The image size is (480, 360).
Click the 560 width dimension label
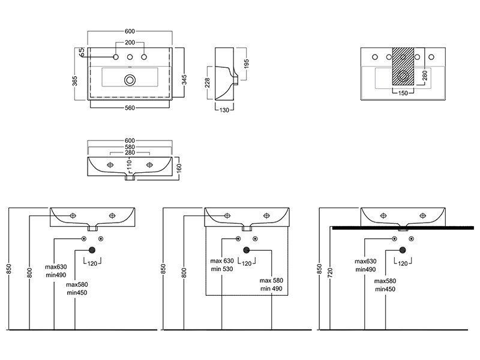click(130, 108)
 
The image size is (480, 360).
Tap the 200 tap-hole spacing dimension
click(130, 43)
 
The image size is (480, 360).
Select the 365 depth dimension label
click(75, 81)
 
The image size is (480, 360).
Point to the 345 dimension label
click(184, 80)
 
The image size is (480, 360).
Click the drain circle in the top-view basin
click(130, 80)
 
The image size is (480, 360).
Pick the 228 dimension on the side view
click(207, 83)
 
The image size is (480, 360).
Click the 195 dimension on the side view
click(247, 64)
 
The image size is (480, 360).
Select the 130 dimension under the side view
click(224, 110)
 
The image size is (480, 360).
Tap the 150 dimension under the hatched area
click(403, 93)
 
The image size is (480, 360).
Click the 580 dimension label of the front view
click(130, 147)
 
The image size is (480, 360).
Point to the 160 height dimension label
click(179, 168)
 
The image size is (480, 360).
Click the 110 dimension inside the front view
click(129, 164)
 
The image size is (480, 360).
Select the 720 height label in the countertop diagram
click(330, 272)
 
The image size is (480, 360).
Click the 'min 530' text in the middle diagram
click(222, 269)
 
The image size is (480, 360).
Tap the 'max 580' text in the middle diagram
click(271, 280)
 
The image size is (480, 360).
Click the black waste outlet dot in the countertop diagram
click(403, 250)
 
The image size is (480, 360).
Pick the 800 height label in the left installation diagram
click(29, 273)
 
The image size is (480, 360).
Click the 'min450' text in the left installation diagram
click(77, 293)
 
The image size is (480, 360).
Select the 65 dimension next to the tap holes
click(82, 52)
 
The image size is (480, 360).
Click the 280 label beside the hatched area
click(425, 76)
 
